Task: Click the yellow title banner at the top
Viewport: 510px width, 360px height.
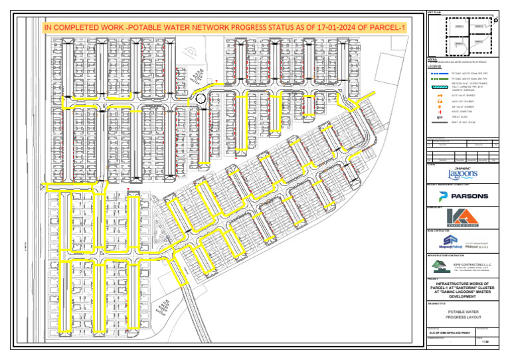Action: pyautogui.click(x=224, y=28)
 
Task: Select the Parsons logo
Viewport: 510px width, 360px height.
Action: pyautogui.click(x=463, y=196)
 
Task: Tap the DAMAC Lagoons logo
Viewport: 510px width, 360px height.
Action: pyautogui.click(x=463, y=173)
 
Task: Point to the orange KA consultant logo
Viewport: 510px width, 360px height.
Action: pyautogui.click(x=463, y=219)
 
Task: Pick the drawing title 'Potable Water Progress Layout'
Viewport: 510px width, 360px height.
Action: pyautogui.click(x=463, y=314)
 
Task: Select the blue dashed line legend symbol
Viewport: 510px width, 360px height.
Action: pyautogui.click(x=438, y=73)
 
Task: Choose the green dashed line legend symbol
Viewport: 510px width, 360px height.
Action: pyautogui.click(x=438, y=78)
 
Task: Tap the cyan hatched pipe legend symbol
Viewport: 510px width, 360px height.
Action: pyautogui.click(x=438, y=87)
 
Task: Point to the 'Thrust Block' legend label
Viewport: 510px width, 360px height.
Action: pyautogui.click(x=460, y=118)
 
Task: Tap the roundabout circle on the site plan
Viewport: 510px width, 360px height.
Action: pyautogui.click(x=200, y=99)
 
